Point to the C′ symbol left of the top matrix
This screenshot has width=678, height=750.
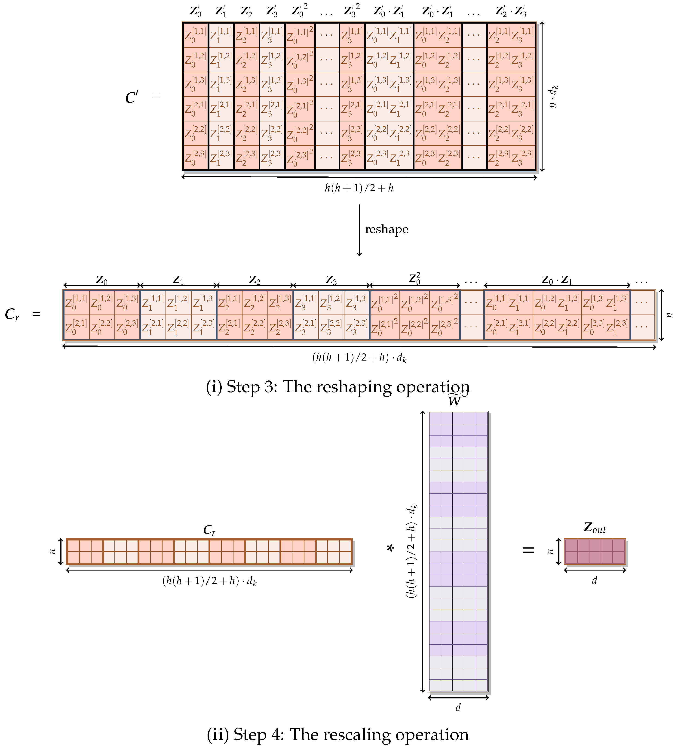pos(132,97)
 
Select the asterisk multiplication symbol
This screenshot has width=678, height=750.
pos(390,549)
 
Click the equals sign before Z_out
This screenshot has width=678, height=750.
pos(528,550)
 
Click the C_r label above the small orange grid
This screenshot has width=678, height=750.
pos(209,530)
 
